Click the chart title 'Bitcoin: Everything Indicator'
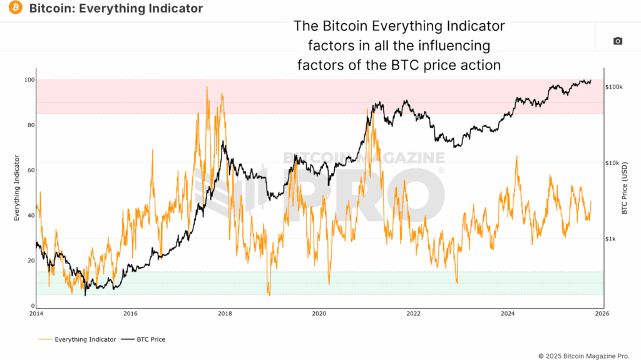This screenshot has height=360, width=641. pos(116,9)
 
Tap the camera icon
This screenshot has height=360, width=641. pos(617,41)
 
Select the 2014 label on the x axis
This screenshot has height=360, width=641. pos(36,313)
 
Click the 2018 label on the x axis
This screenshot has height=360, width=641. pos(225,313)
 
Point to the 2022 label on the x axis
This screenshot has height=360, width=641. pos(414,313)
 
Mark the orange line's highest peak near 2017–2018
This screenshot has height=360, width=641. pos(207,87)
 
